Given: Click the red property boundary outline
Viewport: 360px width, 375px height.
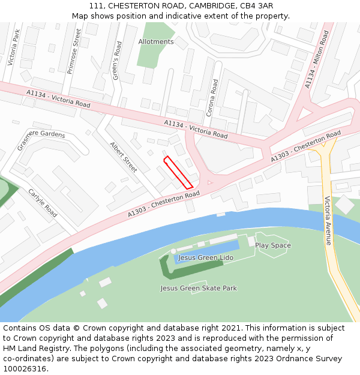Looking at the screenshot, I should [x=178, y=173].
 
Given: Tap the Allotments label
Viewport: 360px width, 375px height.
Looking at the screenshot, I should [x=156, y=42].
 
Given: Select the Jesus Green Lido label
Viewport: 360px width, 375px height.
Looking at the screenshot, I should [x=206, y=257].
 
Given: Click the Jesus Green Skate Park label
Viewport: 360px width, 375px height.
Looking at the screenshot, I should [x=199, y=288].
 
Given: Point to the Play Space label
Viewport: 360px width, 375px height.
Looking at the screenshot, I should [x=273, y=245].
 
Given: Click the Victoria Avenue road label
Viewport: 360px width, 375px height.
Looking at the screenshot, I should [x=328, y=221].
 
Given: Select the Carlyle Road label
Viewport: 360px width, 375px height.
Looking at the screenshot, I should [x=43, y=203].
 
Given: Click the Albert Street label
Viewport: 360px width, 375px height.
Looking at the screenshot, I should [x=124, y=157].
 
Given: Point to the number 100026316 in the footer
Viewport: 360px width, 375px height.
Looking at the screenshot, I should [x=25, y=369].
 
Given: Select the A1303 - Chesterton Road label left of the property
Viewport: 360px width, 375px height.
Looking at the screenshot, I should [x=163, y=204].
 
